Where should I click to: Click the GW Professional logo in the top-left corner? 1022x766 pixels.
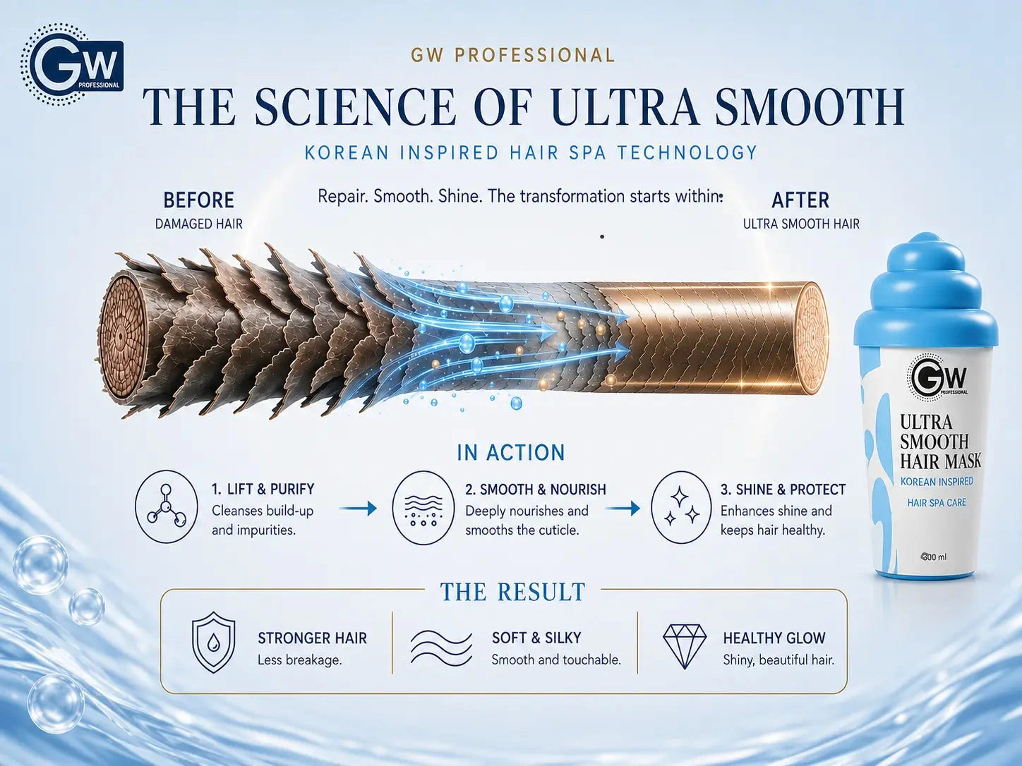[72, 64]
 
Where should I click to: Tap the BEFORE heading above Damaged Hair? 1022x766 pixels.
[199, 200]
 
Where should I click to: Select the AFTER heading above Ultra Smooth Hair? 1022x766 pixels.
[800, 200]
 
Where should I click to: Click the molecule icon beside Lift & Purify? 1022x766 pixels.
[167, 507]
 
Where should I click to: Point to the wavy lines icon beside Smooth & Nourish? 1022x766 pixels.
[423, 507]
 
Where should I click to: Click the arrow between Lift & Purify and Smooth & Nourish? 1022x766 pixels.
[358, 509]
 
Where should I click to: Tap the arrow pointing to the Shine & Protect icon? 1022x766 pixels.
[623, 509]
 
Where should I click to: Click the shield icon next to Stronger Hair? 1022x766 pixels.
[213, 642]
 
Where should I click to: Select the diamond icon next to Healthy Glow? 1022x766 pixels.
[685, 646]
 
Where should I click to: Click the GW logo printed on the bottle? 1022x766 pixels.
[937, 376]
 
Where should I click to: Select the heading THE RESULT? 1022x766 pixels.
[512, 592]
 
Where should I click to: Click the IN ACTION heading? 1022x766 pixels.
[511, 453]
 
